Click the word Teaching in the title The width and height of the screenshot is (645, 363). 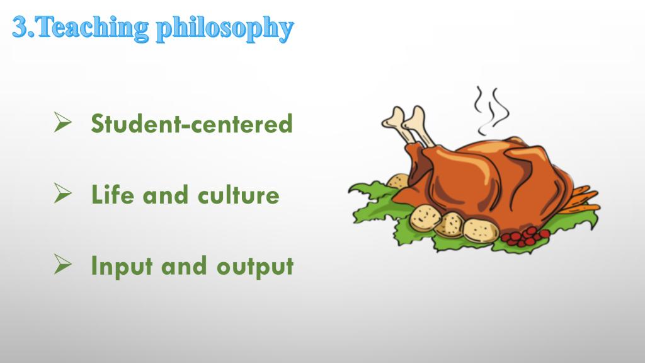coord(93,27)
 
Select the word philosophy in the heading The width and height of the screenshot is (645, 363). coord(225,29)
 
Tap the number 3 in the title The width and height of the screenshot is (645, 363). coord(20,27)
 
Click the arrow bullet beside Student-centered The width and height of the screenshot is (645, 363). coord(62,122)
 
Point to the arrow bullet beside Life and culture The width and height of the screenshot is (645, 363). coord(62,193)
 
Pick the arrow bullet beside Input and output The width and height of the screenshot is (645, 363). coord(62,264)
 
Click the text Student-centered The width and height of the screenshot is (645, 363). coord(191,123)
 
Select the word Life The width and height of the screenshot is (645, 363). coord(112,194)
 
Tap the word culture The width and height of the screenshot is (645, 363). coord(239,195)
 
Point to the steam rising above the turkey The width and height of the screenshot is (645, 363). coord(491,110)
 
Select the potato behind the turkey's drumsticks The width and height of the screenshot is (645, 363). coord(397,181)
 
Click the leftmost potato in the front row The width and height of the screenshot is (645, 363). coord(425,217)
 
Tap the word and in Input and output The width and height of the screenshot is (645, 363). coord(184,266)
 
